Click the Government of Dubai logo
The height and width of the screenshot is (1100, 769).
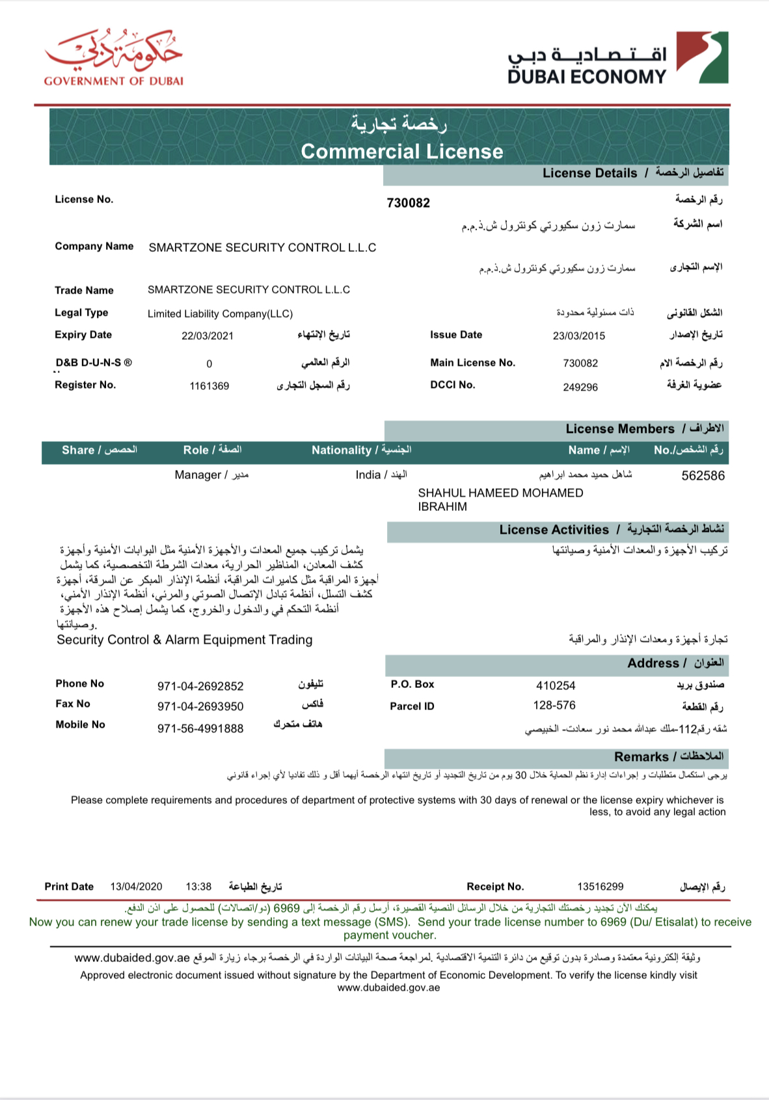click(113, 57)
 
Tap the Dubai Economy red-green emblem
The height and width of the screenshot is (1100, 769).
click(702, 57)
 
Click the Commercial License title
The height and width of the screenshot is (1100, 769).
click(401, 152)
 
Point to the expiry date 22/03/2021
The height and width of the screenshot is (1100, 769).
click(207, 336)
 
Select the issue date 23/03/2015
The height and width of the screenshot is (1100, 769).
click(578, 336)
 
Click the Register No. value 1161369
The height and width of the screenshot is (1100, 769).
click(209, 386)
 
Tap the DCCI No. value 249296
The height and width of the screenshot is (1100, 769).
click(580, 387)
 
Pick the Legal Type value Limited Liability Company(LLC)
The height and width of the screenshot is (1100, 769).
click(220, 314)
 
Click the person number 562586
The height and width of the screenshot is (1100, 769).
click(703, 476)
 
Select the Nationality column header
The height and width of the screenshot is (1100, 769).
click(361, 450)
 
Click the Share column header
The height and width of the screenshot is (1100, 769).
click(99, 450)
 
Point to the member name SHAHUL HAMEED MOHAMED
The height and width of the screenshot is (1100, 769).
click(500, 493)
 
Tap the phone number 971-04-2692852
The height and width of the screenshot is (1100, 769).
click(200, 686)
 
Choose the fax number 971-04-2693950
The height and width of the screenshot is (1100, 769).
click(200, 706)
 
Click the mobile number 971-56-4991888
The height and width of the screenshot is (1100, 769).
click(200, 728)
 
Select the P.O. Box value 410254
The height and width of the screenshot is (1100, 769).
click(556, 685)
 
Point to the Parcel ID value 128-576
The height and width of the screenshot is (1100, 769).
click(554, 706)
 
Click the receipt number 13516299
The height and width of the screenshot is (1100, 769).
click(600, 887)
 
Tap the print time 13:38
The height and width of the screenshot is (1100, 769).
click(198, 887)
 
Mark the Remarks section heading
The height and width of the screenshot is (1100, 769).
click(668, 757)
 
